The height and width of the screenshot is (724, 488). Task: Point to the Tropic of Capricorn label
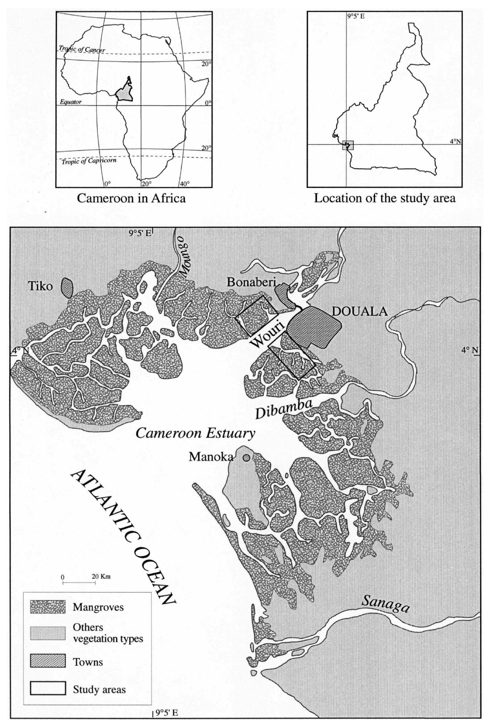pos(89,161)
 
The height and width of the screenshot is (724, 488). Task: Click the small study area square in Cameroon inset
pos(348,145)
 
